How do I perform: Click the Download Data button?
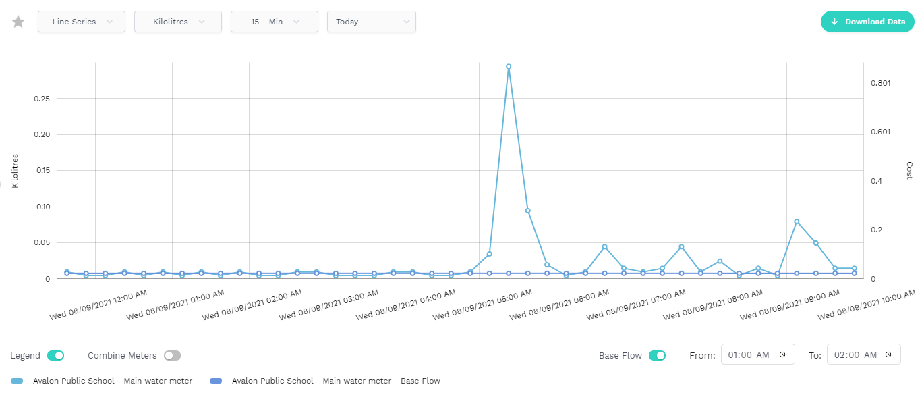coord(867,22)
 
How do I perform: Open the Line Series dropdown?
coord(81,22)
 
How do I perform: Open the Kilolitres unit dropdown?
coord(178,22)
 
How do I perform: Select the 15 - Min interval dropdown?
coord(275,22)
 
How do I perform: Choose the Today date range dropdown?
coord(371,22)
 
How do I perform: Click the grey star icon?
coord(18,22)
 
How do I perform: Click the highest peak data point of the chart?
coord(509,67)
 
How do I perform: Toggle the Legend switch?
coord(55,355)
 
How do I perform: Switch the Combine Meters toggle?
coord(172,355)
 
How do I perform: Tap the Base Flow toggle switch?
coord(657,355)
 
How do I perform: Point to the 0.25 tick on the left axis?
coord(42,99)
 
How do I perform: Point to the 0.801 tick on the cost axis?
coord(880,83)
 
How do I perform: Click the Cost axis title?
coord(909,170)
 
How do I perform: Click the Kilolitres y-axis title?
coord(15,170)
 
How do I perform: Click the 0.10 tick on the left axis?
coord(42,207)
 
